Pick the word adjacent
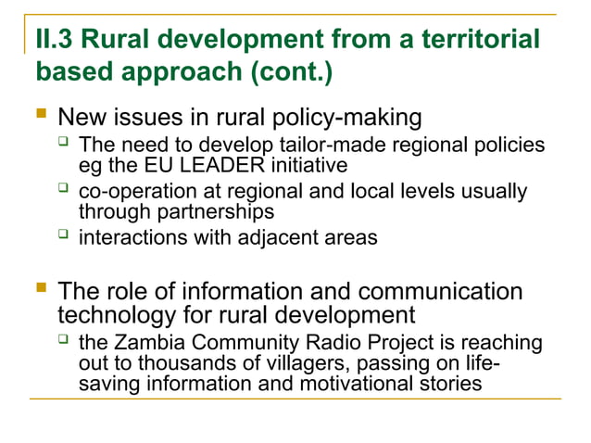pos(278,237)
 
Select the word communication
pos(437,292)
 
